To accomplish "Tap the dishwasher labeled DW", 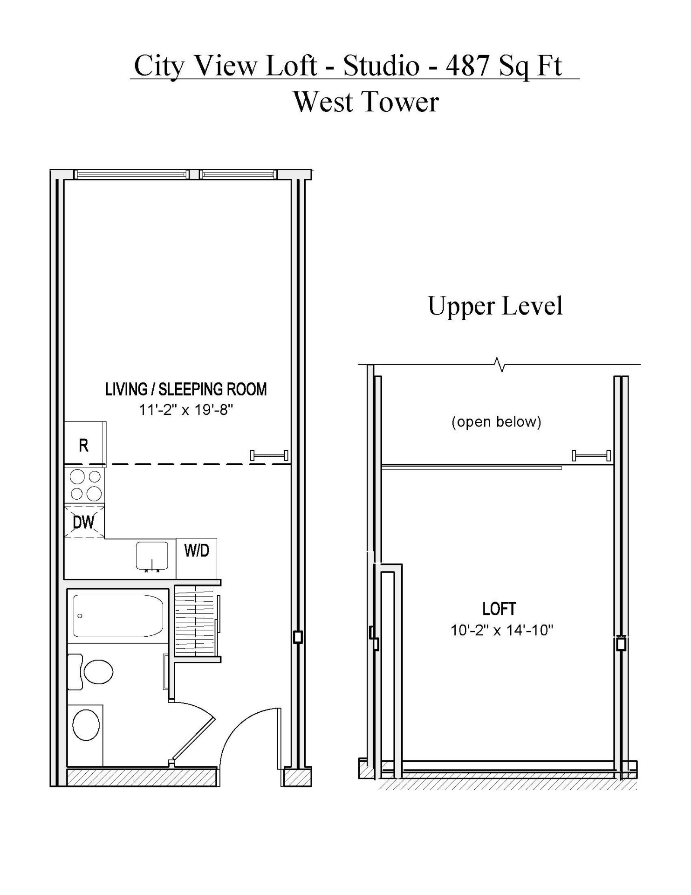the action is pyautogui.click(x=84, y=521).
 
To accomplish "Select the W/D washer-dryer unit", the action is pyautogui.click(x=197, y=558).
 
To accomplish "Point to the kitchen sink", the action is pyautogui.click(x=152, y=556).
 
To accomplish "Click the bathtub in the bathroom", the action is pyautogui.click(x=118, y=616).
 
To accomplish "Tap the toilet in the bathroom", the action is pyautogui.click(x=90, y=672).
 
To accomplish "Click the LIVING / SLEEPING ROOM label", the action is pyautogui.click(x=186, y=389).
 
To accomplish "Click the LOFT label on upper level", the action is pyautogui.click(x=499, y=609).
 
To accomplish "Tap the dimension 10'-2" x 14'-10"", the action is pyautogui.click(x=502, y=630).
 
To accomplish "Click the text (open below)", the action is pyautogui.click(x=497, y=422).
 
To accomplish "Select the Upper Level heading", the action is pyautogui.click(x=495, y=307).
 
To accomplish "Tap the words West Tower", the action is pyautogui.click(x=366, y=102).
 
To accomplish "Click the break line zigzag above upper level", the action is pyautogui.click(x=500, y=364).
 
